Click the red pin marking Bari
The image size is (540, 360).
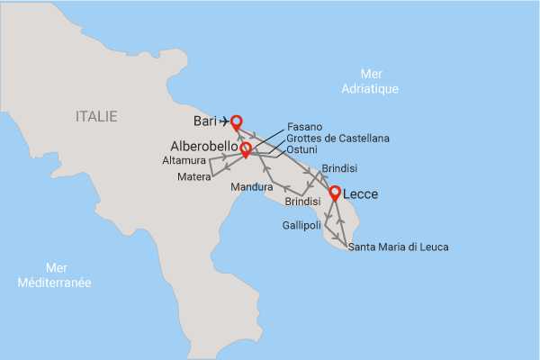(x=237, y=121)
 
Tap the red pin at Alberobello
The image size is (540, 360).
(x=245, y=147)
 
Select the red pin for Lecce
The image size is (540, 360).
(x=335, y=193)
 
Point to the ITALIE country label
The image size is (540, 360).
(x=96, y=116)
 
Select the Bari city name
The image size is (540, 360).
(x=202, y=121)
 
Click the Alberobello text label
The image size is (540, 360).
(x=203, y=146)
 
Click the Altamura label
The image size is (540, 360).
(x=184, y=160)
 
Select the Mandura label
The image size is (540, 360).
(x=251, y=187)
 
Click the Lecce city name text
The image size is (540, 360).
(x=360, y=193)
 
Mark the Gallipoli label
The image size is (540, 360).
(x=303, y=224)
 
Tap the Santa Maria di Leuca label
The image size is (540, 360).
(x=398, y=247)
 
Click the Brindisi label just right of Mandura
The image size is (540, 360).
(x=302, y=202)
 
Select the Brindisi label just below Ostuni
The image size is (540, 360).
(x=339, y=168)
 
